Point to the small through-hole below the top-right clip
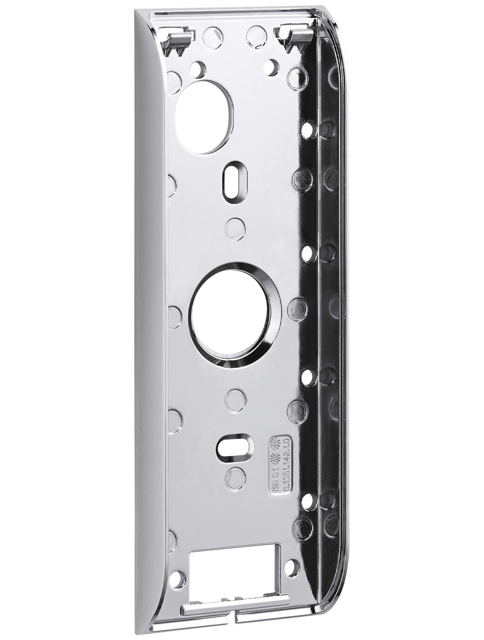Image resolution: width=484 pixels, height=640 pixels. point(274,64)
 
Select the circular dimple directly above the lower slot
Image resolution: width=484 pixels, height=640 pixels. point(232,397)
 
